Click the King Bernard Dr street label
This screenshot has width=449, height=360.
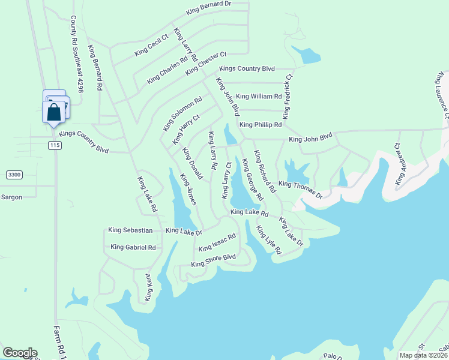pos(209,8)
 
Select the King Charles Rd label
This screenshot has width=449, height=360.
pos(167,70)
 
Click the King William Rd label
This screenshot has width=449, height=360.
pos(259,96)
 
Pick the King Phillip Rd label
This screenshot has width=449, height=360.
pos(261,125)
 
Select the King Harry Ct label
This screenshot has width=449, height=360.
pos(185,129)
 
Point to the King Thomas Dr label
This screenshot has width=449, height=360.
pos(301,190)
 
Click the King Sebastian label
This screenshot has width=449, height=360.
pos(131,230)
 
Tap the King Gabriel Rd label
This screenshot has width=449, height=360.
pos(133,247)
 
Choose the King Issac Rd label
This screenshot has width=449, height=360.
pos(217,243)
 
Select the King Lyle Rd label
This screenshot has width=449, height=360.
pos(269,240)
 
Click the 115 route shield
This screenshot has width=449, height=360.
pos(55,146)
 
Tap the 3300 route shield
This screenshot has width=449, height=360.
pos(14,175)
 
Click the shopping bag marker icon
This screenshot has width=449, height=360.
pos(53,112)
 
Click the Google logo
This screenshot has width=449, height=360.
pos(19,353)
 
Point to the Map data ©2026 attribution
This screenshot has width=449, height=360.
pos(423,355)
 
